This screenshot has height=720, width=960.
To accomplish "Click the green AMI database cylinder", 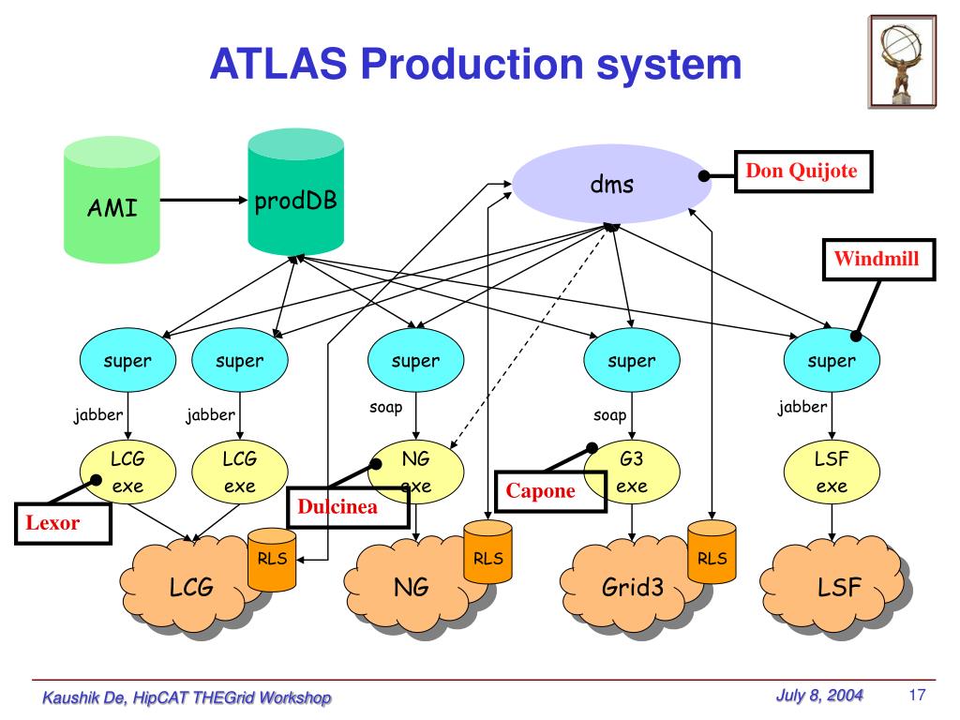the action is pos(112,201).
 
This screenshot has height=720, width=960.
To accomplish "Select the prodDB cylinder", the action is pos(295,191).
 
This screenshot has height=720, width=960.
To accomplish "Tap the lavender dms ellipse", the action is pos(611,184).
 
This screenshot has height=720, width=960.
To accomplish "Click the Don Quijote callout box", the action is pos(803,172).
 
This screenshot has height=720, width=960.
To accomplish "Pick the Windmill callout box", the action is pos(878,260).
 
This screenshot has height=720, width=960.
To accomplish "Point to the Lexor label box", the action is pos(63,523).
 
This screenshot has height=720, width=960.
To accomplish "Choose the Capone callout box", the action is pos(550,491).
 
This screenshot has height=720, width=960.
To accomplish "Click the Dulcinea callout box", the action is pos(349,507).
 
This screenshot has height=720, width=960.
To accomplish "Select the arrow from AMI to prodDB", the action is pos(203,200).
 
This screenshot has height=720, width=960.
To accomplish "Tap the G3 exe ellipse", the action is pos(632,472).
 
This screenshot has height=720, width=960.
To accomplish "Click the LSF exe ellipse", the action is pos(832,472).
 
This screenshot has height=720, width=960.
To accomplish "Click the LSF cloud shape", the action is pos(835,587).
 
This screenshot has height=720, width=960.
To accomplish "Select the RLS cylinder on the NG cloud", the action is pos(487,552).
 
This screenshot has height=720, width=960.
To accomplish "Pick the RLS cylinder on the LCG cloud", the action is pos(272,561).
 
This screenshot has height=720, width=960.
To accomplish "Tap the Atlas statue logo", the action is pos(902,62).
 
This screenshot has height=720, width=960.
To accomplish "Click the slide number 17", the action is pos(917,695).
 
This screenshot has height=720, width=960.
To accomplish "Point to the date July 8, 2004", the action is pos(819,696).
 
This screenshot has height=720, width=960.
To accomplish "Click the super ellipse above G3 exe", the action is pos(632,360).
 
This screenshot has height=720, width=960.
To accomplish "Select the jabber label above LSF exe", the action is pos(802,407).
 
